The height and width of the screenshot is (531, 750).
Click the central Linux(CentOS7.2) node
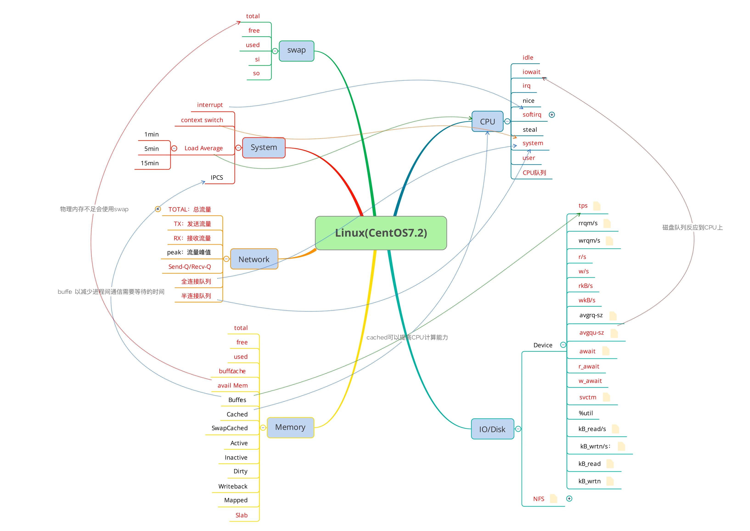coord(381,233)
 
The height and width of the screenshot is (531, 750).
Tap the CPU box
coord(487,121)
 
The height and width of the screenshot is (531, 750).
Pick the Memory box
coord(290,427)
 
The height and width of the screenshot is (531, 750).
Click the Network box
coord(254,259)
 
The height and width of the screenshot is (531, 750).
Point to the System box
coord(264,147)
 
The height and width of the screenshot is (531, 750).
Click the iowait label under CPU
coord(531,72)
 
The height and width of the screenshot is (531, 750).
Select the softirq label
coord(532,114)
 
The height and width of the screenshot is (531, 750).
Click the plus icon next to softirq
coord(552,115)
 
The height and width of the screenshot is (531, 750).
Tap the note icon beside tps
coord(597,206)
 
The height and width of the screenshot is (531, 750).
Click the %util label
coord(586,413)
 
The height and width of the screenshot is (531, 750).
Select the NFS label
coord(539,499)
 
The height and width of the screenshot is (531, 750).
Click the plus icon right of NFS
coord(569,499)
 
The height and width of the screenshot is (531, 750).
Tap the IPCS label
coord(217,177)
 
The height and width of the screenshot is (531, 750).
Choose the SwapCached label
coord(230,428)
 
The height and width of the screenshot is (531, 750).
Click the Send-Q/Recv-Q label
coord(190,267)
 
